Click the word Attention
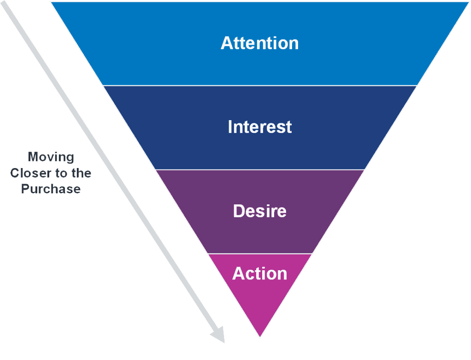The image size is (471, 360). coord(259,43)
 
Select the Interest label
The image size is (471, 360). coord(259,127)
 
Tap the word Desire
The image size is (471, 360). coord(259,211)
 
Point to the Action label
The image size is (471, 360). coord(259,273)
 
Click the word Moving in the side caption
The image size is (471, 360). coord(51,157)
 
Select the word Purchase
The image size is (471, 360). coord(51,189)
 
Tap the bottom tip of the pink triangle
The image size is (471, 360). coord(260,337)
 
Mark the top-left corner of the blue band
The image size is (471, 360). coord(51,2)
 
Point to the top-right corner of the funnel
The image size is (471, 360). coord(468,2)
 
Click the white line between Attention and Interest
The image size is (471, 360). coord(259,86)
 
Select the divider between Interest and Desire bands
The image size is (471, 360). coord(259,169)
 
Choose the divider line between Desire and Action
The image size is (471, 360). coord(259,253)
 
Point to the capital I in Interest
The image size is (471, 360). coord(230,127)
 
